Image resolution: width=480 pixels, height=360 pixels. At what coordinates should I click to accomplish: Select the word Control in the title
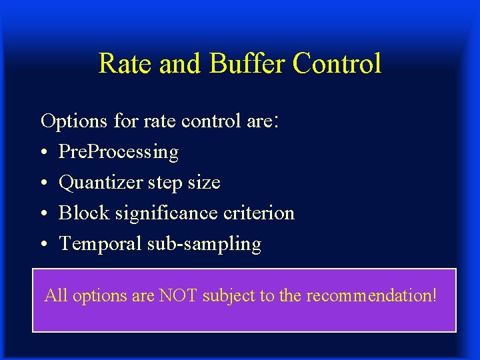point(337,64)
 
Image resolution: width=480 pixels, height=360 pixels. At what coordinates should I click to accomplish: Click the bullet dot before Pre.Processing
point(44,153)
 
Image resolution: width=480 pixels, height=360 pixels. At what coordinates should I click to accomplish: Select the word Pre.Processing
point(119,153)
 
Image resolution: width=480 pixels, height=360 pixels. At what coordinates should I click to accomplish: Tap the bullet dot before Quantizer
point(44,183)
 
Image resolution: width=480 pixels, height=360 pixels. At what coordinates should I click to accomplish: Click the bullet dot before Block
point(44,214)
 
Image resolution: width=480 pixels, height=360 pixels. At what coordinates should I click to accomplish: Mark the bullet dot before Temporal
point(44,245)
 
